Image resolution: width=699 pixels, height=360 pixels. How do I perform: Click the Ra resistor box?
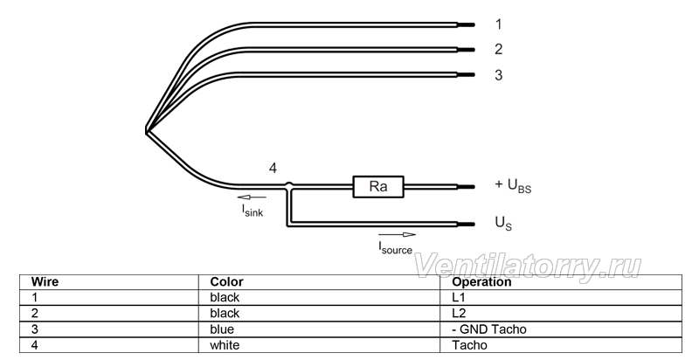[378, 187]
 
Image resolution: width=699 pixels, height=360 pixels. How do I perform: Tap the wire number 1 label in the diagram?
[498, 24]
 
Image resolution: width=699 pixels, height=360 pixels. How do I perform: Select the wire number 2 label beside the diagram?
[498, 49]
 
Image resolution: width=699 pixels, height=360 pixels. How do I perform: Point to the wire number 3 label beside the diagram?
[498, 75]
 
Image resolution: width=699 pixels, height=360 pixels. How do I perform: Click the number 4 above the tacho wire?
[273, 169]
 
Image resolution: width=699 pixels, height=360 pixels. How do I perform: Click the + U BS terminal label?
[513, 185]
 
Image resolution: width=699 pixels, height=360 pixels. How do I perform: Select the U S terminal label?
[504, 223]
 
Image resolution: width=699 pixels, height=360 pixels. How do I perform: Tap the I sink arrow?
[252, 197]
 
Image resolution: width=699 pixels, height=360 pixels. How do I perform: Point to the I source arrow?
[397, 235]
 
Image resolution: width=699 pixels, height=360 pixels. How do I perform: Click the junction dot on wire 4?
[289, 185]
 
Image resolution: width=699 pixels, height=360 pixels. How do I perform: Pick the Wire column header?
[45, 282]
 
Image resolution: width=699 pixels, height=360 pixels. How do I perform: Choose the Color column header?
[226, 282]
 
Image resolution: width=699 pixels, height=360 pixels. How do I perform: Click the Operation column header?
[481, 282]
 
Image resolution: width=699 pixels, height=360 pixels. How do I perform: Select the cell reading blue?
[222, 329]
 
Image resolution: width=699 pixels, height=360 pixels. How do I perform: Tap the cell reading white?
[225, 345]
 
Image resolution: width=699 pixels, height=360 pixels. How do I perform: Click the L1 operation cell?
[458, 298]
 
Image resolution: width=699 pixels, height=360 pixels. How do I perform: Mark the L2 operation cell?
[459, 313]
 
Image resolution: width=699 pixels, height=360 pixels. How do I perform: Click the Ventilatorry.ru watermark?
[528, 266]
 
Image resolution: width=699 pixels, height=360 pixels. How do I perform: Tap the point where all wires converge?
[146, 130]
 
